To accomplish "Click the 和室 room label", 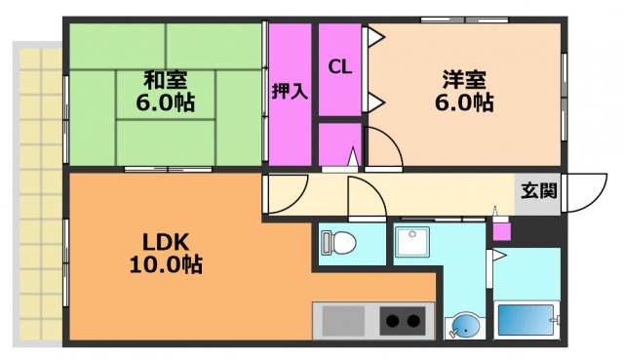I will coord(166,78).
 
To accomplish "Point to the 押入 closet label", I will coord(290,92).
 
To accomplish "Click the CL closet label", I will coord(339,67).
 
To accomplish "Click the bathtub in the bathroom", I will coord(526,320).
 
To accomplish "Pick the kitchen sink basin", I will coord(342,321).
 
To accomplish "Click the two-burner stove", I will coord(401,320).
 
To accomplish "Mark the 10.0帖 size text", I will coord(166,264).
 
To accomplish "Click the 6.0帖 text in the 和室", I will coord(166,101).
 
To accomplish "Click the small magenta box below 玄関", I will coord(500,231).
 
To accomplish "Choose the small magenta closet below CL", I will coord(339,143).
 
